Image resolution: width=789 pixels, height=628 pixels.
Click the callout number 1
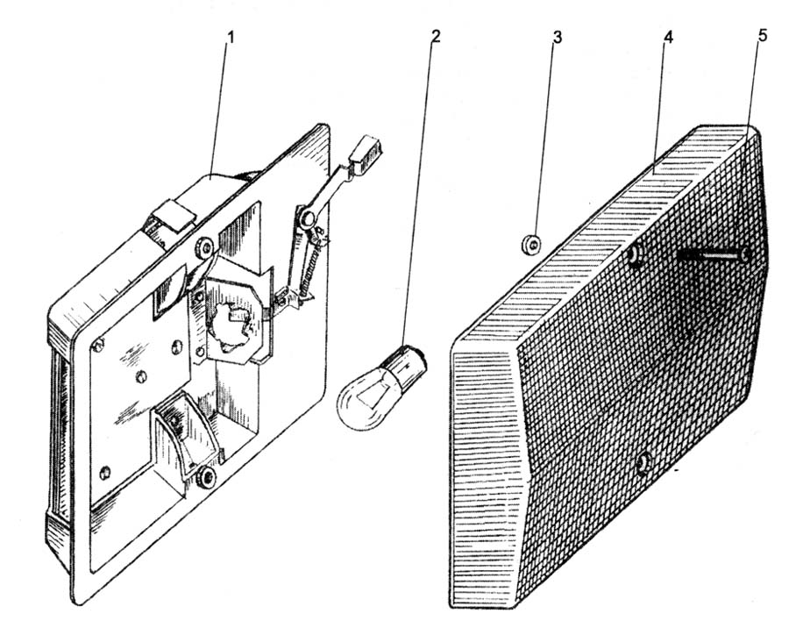coord(231,38)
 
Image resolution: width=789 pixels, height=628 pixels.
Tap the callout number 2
coord(435,36)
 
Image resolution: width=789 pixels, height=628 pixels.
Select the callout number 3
coord(557,37)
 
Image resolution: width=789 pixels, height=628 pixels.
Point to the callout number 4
coord(668,37)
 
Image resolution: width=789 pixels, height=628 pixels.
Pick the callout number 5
coord(763,36)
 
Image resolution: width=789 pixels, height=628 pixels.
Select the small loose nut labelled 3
coord(530,244)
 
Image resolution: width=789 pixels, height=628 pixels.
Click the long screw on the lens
coord(714,256)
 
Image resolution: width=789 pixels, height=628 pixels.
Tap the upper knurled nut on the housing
coord(205,247)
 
